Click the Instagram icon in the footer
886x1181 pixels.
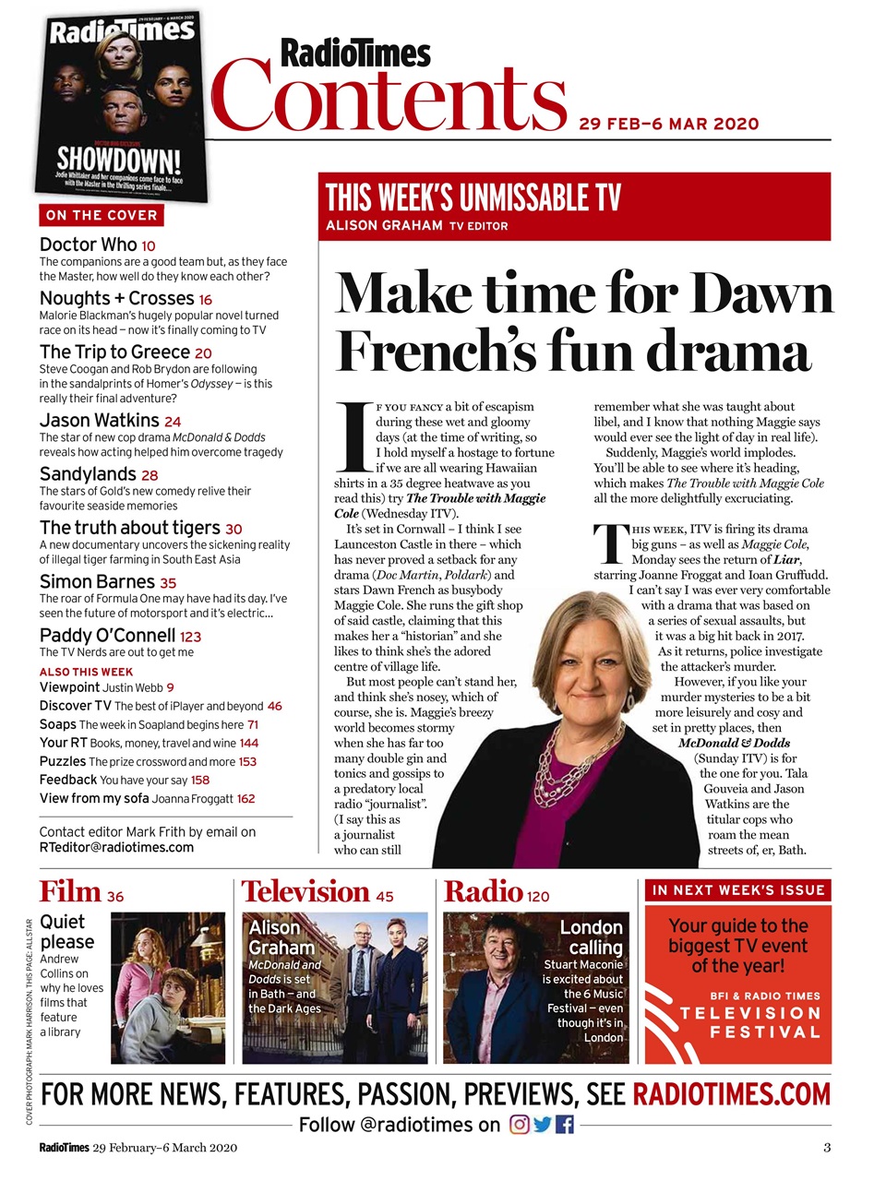520,1124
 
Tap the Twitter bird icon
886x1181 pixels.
543,1124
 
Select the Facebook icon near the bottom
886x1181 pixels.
564,1124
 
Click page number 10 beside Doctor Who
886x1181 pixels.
149,246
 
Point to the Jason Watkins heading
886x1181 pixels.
100,421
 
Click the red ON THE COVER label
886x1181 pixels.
102,215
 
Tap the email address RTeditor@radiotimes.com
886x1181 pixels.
116,847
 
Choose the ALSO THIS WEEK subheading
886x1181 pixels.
86,672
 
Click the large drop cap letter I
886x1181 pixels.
353,436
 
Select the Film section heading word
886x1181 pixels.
70,891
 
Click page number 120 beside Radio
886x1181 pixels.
538,896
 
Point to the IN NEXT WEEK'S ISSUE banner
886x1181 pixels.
737,890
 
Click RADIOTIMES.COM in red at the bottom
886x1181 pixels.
731,1094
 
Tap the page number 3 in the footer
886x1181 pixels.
827,1148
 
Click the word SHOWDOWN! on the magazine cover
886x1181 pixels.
119,159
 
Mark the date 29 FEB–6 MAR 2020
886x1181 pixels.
669,124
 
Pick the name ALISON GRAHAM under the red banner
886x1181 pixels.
383,225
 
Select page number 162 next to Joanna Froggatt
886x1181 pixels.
245,799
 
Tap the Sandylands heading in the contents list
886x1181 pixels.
88,474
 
